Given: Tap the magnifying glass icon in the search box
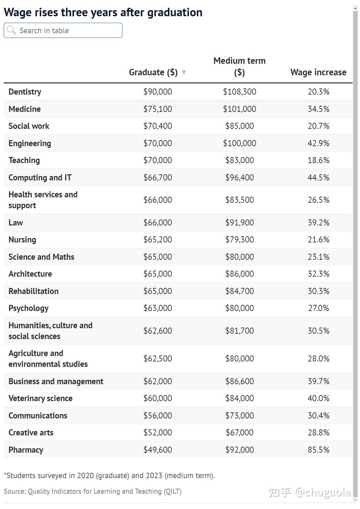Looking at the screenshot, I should (x=11, y=30).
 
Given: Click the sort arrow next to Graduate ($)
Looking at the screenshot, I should (x=184, y=72).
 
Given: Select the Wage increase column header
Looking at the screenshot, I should (x=318, y=72).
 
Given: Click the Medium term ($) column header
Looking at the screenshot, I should (x=239, y=66).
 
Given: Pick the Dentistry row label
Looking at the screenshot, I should (x=25, y=92).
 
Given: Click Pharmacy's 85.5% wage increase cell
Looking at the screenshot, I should (x=318, y=450).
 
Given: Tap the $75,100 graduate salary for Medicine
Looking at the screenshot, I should (x=157, y=109).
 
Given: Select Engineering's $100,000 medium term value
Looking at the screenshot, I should (x=239, y=143).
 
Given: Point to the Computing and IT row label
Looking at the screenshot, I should (x=40, y=177).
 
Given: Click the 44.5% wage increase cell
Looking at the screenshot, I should (x=318, y=177).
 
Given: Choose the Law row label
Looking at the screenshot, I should (x=16, y=222).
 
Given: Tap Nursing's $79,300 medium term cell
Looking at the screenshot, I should (x=239, y=239).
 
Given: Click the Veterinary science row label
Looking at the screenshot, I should (x=40, y=398).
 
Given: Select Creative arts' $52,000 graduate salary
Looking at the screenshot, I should (x=157, y=432).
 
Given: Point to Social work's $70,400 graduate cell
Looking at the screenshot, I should (x=157, y=126).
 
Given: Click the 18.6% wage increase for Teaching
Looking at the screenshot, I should (x=318, y=160).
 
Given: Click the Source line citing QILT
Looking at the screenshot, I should (x=93, y=491).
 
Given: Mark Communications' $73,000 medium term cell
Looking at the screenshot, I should (x=239, y=415).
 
